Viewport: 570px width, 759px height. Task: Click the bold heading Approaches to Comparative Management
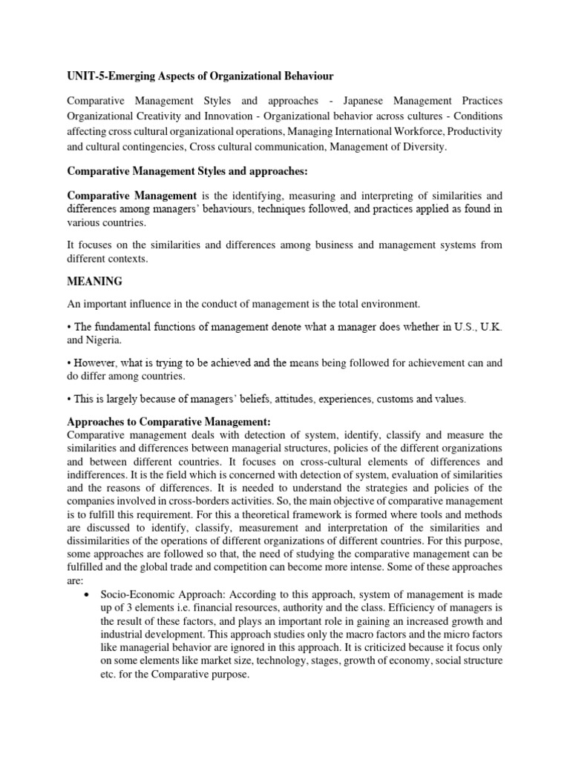[x=168, y=421]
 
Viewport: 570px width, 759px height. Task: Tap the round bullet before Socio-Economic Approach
[x=88, y=595]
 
